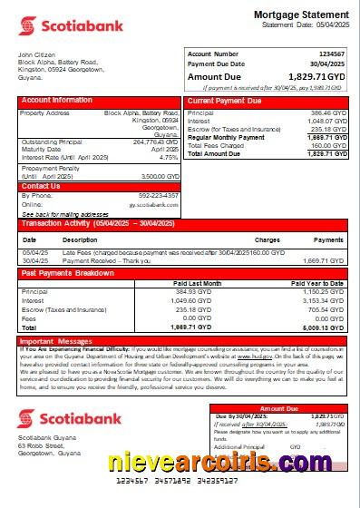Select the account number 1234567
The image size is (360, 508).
pos(328,54)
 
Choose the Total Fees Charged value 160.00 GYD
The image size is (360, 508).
pos(328,145)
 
